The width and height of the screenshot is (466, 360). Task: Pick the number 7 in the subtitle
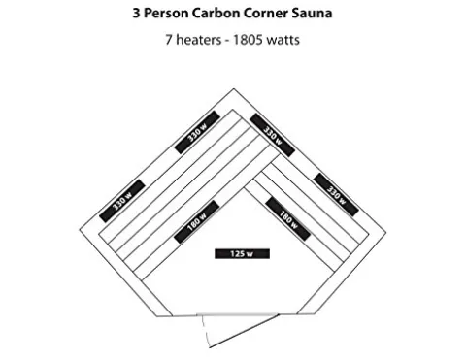170,42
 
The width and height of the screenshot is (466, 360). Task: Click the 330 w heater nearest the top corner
269,130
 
